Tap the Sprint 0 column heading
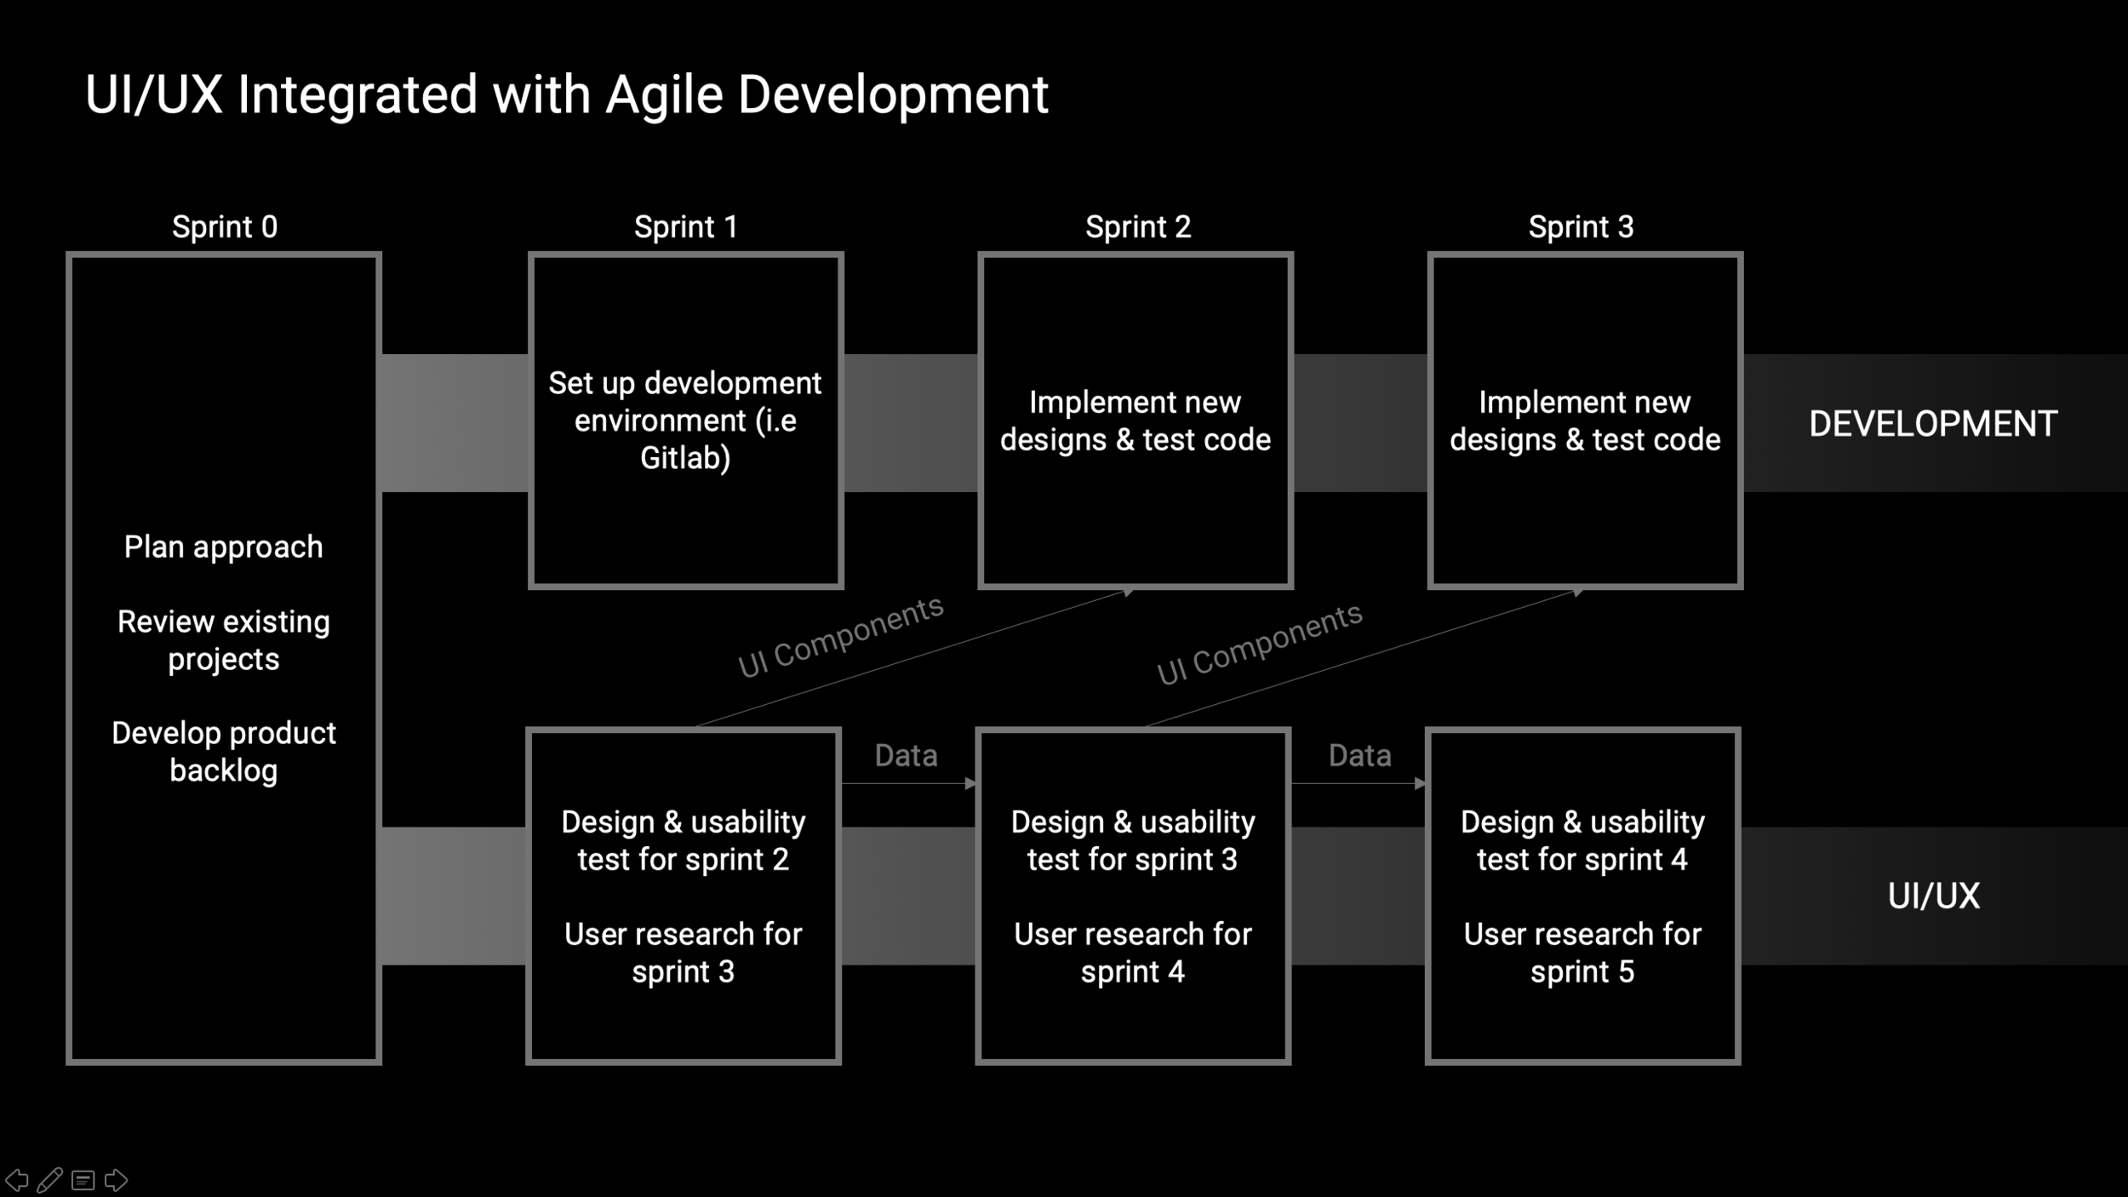225,227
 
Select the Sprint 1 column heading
686,227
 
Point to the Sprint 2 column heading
1138,227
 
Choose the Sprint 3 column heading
1581,227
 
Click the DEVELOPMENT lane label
1933,424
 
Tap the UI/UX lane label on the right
1934,896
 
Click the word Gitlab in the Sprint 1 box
685,458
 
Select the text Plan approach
224,547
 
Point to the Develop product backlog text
224,752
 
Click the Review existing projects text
224,640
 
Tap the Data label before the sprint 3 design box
907,755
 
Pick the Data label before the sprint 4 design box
1360,755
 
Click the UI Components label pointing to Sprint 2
841,637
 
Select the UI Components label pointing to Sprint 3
1260,644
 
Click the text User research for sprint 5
1582,953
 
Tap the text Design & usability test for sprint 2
684,841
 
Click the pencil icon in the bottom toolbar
49,1180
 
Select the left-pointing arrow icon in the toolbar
17,1181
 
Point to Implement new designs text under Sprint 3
1585,421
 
